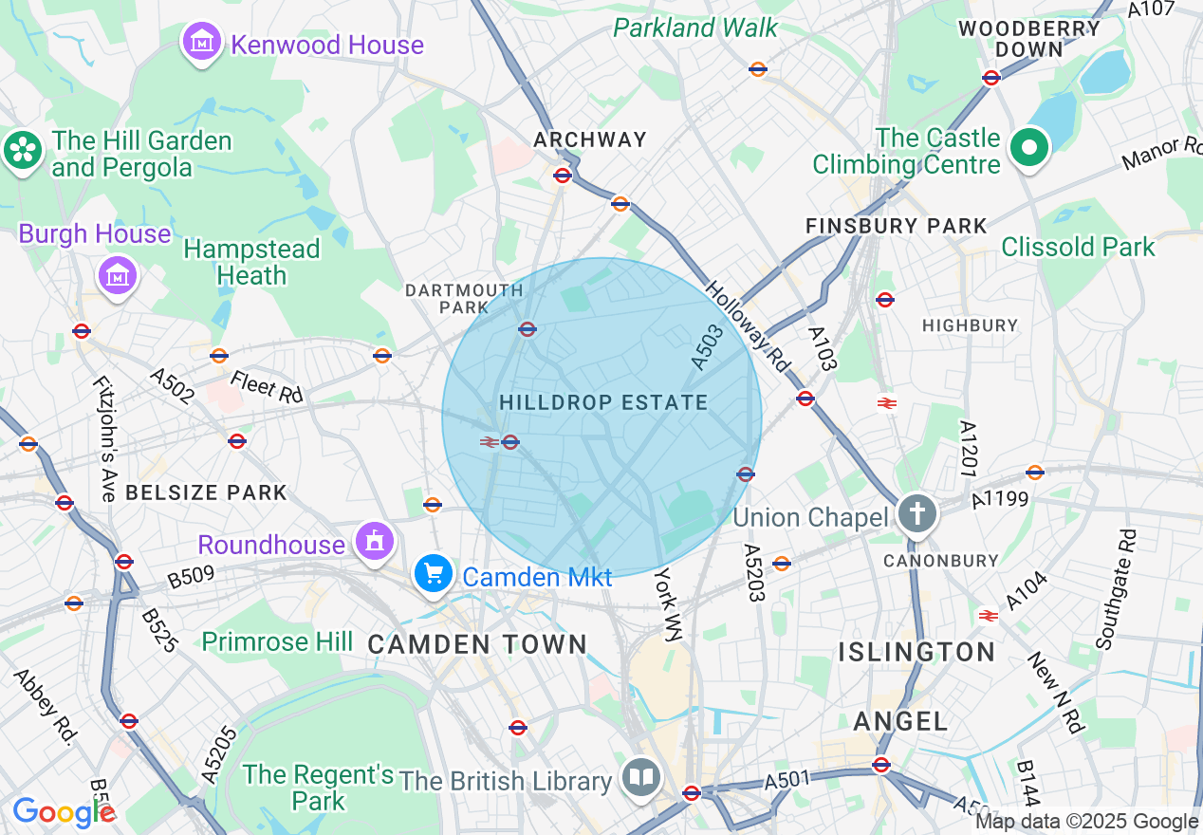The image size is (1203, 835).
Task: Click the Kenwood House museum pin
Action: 201,43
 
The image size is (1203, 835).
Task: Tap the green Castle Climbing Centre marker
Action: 1028,149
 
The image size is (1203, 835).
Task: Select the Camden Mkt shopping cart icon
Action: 434,574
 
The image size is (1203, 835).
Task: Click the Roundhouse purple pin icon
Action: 375,542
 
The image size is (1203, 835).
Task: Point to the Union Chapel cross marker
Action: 917,515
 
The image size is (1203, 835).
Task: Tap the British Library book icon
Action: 641,778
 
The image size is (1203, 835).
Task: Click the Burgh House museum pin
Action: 118,276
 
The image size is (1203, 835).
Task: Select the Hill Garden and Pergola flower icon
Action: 22,151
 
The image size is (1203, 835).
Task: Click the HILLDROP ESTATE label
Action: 603,402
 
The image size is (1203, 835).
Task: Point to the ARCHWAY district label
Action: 589,139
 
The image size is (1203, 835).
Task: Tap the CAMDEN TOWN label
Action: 477,644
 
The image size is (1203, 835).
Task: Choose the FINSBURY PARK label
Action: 896,226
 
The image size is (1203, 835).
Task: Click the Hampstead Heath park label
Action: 251,262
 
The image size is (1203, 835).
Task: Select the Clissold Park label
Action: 1078,247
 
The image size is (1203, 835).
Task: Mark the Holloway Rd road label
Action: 748,325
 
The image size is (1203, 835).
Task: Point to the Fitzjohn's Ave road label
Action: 103,438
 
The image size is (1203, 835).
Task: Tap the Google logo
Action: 63,812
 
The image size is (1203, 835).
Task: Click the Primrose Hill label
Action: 277,641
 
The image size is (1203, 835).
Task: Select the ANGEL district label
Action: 899,721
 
